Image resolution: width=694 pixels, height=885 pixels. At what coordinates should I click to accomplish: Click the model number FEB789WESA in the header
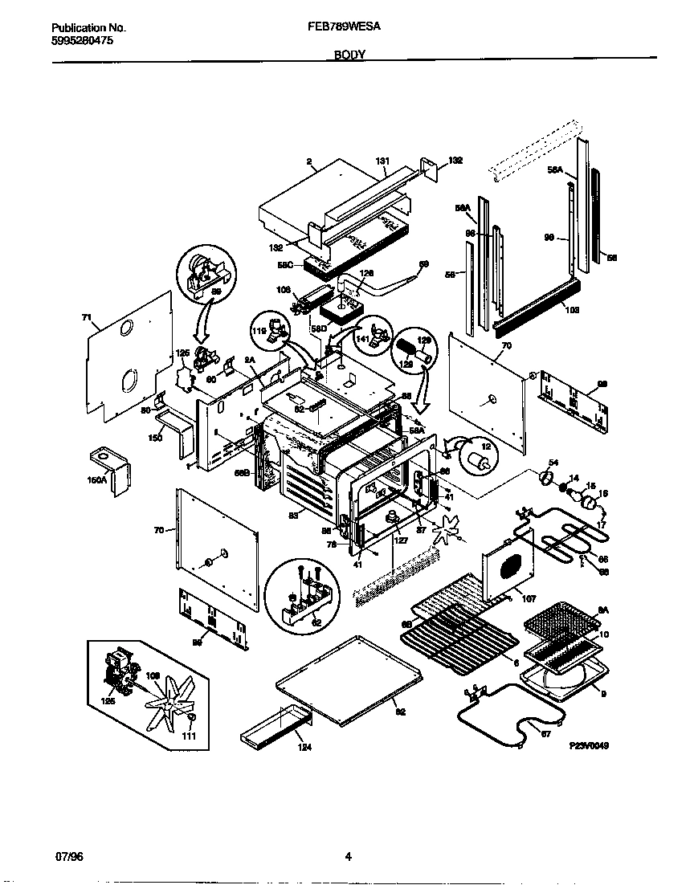344,27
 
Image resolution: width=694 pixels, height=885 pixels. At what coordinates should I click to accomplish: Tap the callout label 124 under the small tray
303,748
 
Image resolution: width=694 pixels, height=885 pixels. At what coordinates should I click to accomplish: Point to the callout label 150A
96,479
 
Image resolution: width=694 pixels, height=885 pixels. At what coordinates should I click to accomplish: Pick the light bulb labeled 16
590,504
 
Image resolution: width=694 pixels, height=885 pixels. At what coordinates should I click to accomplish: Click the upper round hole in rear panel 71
126,328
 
